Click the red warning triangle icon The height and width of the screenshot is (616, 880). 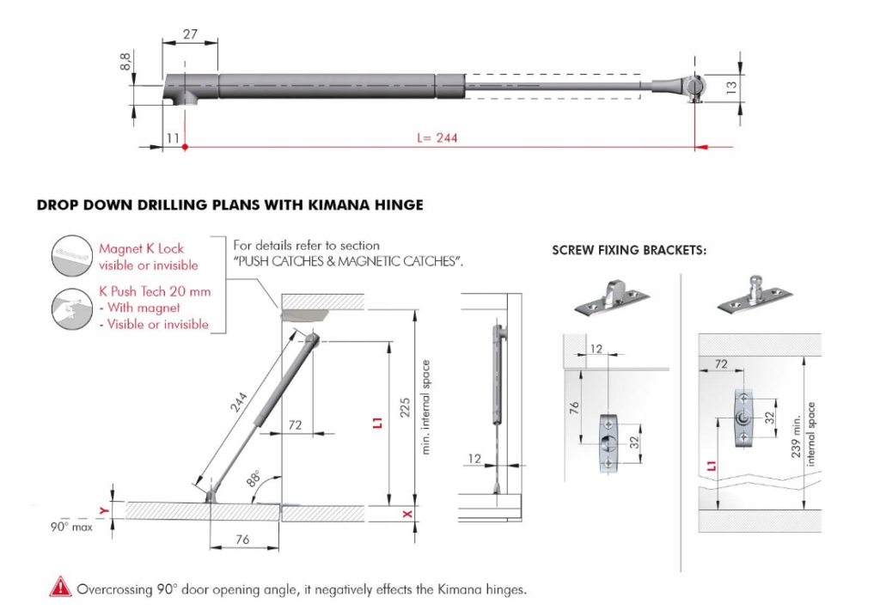(61, 589)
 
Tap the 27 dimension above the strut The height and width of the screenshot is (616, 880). (191, 34)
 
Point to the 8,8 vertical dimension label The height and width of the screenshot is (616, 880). (125, 62)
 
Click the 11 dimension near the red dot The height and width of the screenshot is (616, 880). (173, 137)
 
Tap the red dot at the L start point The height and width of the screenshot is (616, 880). (186, 147)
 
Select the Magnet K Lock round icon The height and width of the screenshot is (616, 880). (71, 255)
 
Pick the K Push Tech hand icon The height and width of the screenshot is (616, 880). (71, 307)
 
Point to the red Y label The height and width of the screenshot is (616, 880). (105, 511)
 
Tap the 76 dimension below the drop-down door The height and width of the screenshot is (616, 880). (243, 540)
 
